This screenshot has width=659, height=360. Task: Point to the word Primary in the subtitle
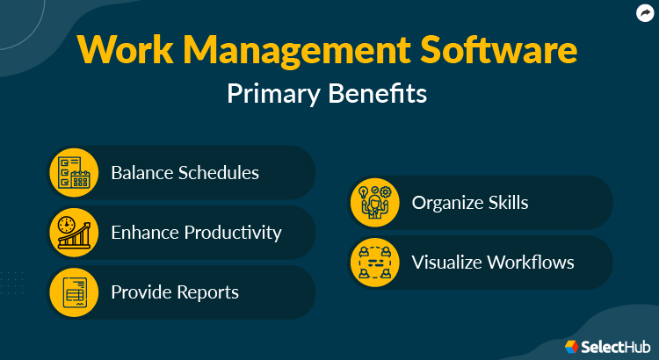click(276, 94)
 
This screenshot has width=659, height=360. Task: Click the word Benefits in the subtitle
click(380, 94)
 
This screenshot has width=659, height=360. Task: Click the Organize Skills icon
click(376, 202)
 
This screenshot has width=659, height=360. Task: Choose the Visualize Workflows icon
click(376, 262)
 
